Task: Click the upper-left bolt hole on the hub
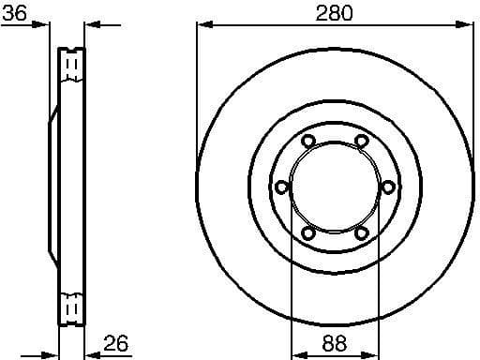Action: pos(307,142)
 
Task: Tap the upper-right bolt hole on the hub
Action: pos(361,142)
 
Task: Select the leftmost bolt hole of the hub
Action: pos(280,187)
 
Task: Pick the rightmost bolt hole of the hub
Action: pos(388,187)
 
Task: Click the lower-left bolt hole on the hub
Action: pos(307,232)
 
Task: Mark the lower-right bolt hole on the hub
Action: pos(361,232)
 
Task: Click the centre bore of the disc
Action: pos(334,187)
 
